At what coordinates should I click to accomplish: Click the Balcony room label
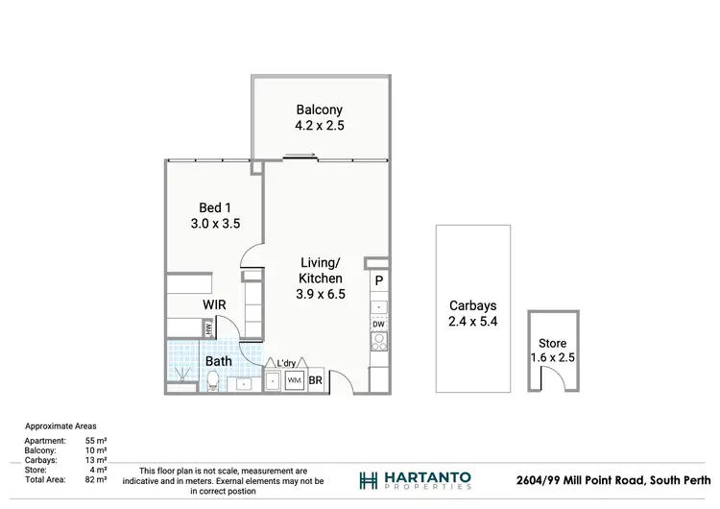pyautogui.click(x=320, y=109)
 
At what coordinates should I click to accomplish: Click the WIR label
pyautogui.click(x=214, y=304)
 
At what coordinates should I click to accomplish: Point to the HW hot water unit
pyautogui.click(x=206, y=328)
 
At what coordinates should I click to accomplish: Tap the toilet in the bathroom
pyautogui.click(x=212, y=380)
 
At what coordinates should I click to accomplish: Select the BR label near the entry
pyautogui.click(x=315, y=381)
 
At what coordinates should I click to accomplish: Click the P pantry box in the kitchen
pyautogui.click(x=379, y=280)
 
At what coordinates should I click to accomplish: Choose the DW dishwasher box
pyautogui.click(x=379, y=324)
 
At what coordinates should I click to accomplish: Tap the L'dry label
pyautogui.click(x=287, y=362)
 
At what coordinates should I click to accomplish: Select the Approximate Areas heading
pyautogui.click(x=60, y=425)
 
